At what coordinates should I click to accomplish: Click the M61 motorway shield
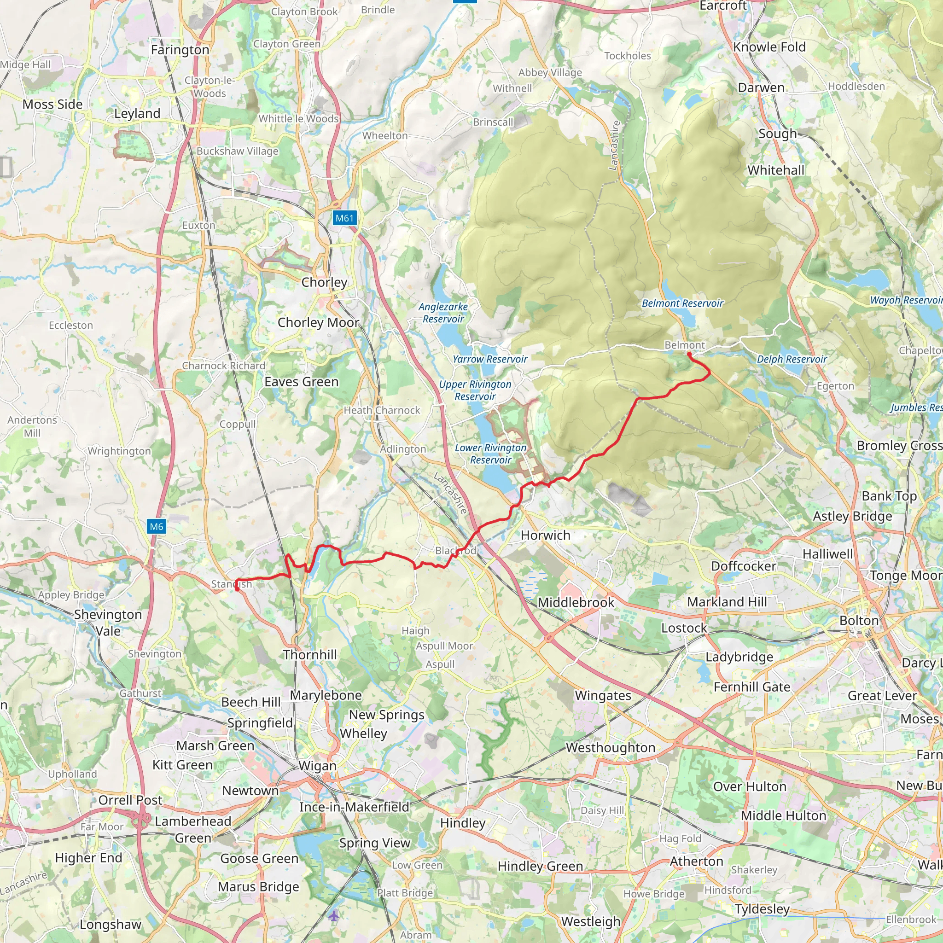tap(344, 218)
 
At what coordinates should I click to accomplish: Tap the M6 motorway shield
tap(156, 526)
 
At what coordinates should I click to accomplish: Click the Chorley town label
tap(324, 282)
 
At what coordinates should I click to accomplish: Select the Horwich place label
tap(545, 535)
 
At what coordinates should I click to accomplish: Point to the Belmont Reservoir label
tap(682, 303)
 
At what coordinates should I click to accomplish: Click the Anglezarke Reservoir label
tap(442, 312)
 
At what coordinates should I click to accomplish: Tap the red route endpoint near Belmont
tap(689, 355)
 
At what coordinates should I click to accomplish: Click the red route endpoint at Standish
tap(237, 588)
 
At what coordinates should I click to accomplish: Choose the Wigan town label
tap(317, 766)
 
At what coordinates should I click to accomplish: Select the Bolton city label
tap(859, 620)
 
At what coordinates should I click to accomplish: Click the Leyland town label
tap(137, 113)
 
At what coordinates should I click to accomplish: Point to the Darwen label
tap(761, 88)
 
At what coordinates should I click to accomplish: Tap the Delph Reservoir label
tap(791, 359)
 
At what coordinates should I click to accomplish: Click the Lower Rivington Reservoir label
tap(490, 454)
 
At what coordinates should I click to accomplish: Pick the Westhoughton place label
tap(610, 747)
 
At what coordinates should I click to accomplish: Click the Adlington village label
tap(403, 449)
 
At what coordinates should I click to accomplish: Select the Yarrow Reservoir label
tap(489, 359)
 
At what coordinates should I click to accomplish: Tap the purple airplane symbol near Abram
tap(333, 916)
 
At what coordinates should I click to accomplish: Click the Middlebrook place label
tap(576, 602)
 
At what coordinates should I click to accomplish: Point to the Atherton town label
tap(696, 861)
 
